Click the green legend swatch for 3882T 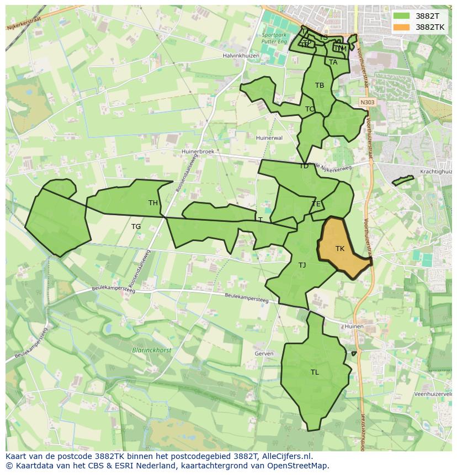pyautogui.click(x=402, y=16)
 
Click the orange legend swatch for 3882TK pyautogui.click(x=402, y=27)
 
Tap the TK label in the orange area pyautogui.click(x=340, y=249)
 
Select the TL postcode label pyautogui.click(x=315, y=372)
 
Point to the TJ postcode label pyautogui.click(x=302, y=265)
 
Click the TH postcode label pyautogui.click(x=153, y=203)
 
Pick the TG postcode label pyautogui.click(x=136, y=227)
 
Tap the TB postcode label pyautogui.click(x=320, y=86)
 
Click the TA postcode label pyautogui.click(x=333, y=62)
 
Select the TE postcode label pyautogui.click(x=316, y=204)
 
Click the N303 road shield pyautogui.click(x=366, y=103)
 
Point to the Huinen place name pyautogui.click(x=354, y=327)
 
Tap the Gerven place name pyautogui.click(x=264, y=354)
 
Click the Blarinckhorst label pyautogui.click(x=152, y=350)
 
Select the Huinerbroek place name pyautogui.click(x=201, y=151)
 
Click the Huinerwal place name pyautogui.click(x=269, y=138)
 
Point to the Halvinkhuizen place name pyautogui.click(x=241, y=56)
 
